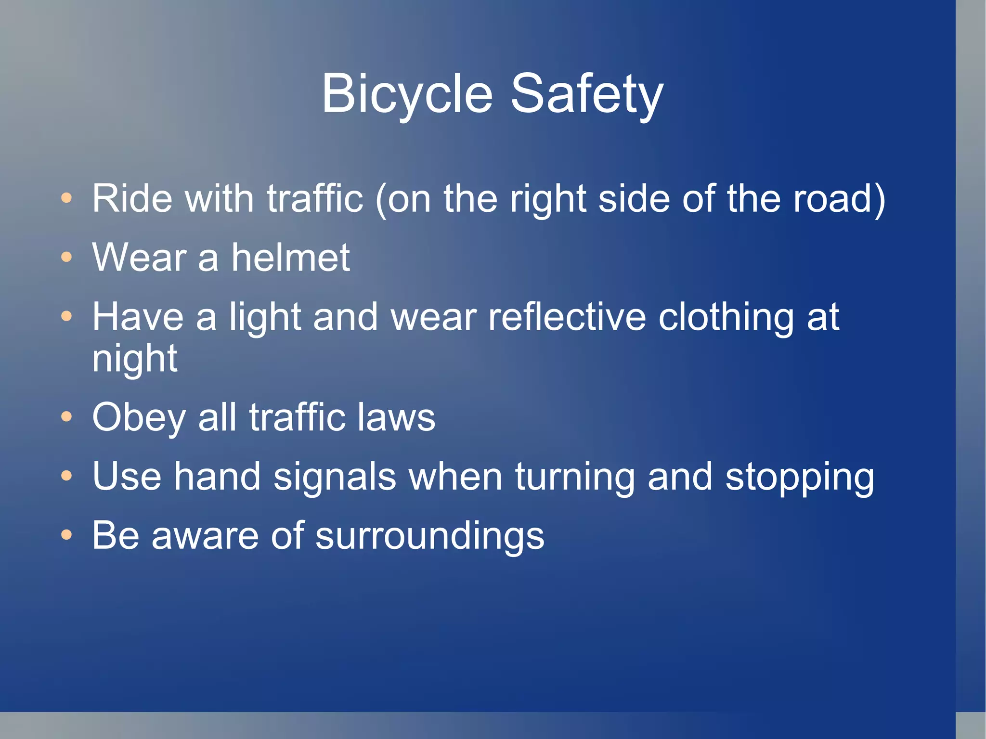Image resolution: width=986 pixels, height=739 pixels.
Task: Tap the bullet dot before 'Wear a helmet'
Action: (x=66, y=257)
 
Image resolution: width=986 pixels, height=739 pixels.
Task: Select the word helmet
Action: (x=291, y=257)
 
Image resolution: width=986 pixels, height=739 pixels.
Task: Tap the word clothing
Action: (x=726, y=318)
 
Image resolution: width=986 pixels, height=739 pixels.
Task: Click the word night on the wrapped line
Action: (x=135, y=359)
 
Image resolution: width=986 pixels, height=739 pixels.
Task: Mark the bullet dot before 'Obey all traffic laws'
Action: (x=66, y=417)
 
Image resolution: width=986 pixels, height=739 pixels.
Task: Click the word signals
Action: (x=335, y=477)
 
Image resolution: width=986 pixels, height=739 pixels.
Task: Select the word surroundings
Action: (x=429, y=536)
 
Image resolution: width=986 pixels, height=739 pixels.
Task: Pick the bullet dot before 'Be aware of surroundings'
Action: (x=66, y=535)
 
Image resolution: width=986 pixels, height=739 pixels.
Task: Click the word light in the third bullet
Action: (x=265, y=318)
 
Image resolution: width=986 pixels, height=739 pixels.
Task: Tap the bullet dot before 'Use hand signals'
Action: (x=66, y=476)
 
